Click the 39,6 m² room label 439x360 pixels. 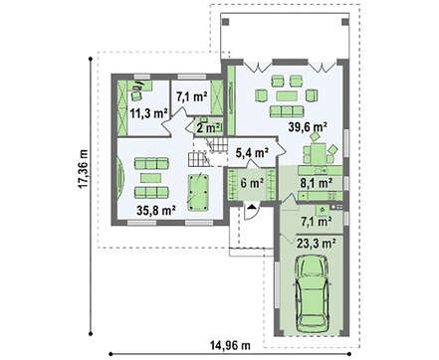tap(308, 127)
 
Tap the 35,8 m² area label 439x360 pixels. tap(156, 210)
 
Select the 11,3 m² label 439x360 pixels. tap(148, 113)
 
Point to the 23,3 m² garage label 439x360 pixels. tap(316, 244)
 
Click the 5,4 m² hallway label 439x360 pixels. tap(252, 153)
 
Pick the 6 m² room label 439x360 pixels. tap(252, 183)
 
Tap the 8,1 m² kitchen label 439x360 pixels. tap(317, 183)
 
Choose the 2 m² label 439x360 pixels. tap(208, 127)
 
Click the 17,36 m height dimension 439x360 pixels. tap(83, 169)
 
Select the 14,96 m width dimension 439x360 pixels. tap(230, 345)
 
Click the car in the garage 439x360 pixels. tap(314, 293)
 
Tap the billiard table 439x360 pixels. tap(198, 193)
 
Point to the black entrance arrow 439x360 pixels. tap(252, 207)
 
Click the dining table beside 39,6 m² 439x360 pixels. tap(318, 154)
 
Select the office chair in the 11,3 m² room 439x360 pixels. tap(135, 94)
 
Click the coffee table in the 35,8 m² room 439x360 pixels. tap(150, 178)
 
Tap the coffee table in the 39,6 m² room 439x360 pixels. tap(287, 96)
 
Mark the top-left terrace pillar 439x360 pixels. tap(226, 22)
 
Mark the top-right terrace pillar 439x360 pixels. tap(345, 22)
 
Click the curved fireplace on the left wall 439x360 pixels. tap(121, 175)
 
